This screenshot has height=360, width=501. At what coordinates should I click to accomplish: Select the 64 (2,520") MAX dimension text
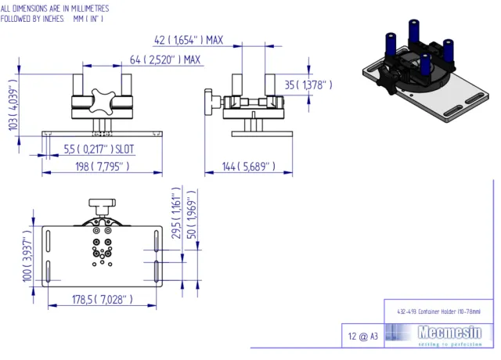click(165, 59)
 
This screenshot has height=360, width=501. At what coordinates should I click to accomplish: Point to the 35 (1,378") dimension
click(308, 85)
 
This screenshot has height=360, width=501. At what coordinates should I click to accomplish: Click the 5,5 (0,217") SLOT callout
click(99, 149)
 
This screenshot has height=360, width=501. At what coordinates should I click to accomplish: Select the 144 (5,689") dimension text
click(249, 167)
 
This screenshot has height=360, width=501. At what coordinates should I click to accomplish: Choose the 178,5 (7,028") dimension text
click(101, 300)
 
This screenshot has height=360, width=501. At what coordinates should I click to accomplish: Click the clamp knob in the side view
click(210, 102)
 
